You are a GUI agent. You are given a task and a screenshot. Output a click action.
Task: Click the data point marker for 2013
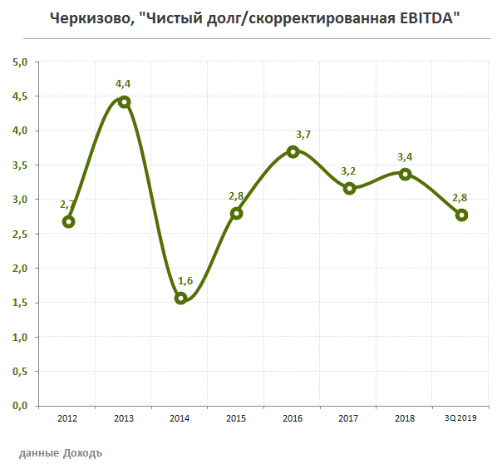coord(125,102)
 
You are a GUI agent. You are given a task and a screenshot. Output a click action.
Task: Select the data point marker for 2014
coord(180,298)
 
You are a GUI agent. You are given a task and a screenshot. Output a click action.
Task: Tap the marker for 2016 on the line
coord(293,151)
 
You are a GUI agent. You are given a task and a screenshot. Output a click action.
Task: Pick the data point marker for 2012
coord(68,221)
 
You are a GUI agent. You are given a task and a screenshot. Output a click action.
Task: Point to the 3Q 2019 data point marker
coord(461,215)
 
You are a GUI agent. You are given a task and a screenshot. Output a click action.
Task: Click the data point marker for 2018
coord(405,174)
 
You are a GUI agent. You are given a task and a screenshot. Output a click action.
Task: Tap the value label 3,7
coord(304,134)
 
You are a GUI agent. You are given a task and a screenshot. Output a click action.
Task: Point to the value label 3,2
coord(349,171)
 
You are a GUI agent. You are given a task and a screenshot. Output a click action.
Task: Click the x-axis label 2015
coord(236,418)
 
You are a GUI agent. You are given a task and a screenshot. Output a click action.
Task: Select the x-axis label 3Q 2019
coord(461,418)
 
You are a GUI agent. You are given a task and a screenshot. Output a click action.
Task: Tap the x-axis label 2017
coord(348,418)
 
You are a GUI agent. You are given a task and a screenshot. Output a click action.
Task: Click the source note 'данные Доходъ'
coord(60,453)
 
